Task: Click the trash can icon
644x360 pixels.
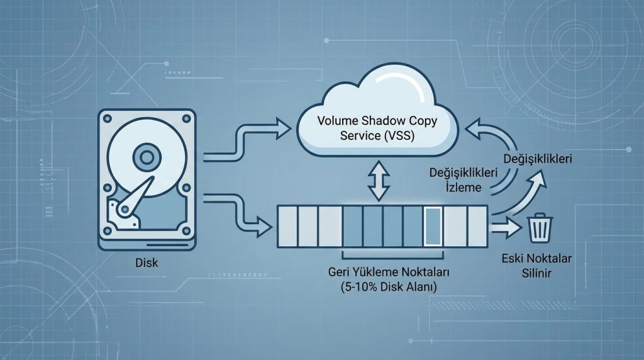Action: (x=539, y=227)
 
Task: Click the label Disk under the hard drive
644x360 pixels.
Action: (x=146, y=264)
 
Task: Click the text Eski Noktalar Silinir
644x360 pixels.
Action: (x=533, y=266)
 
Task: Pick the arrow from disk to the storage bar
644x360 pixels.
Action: (x=242, y=211)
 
